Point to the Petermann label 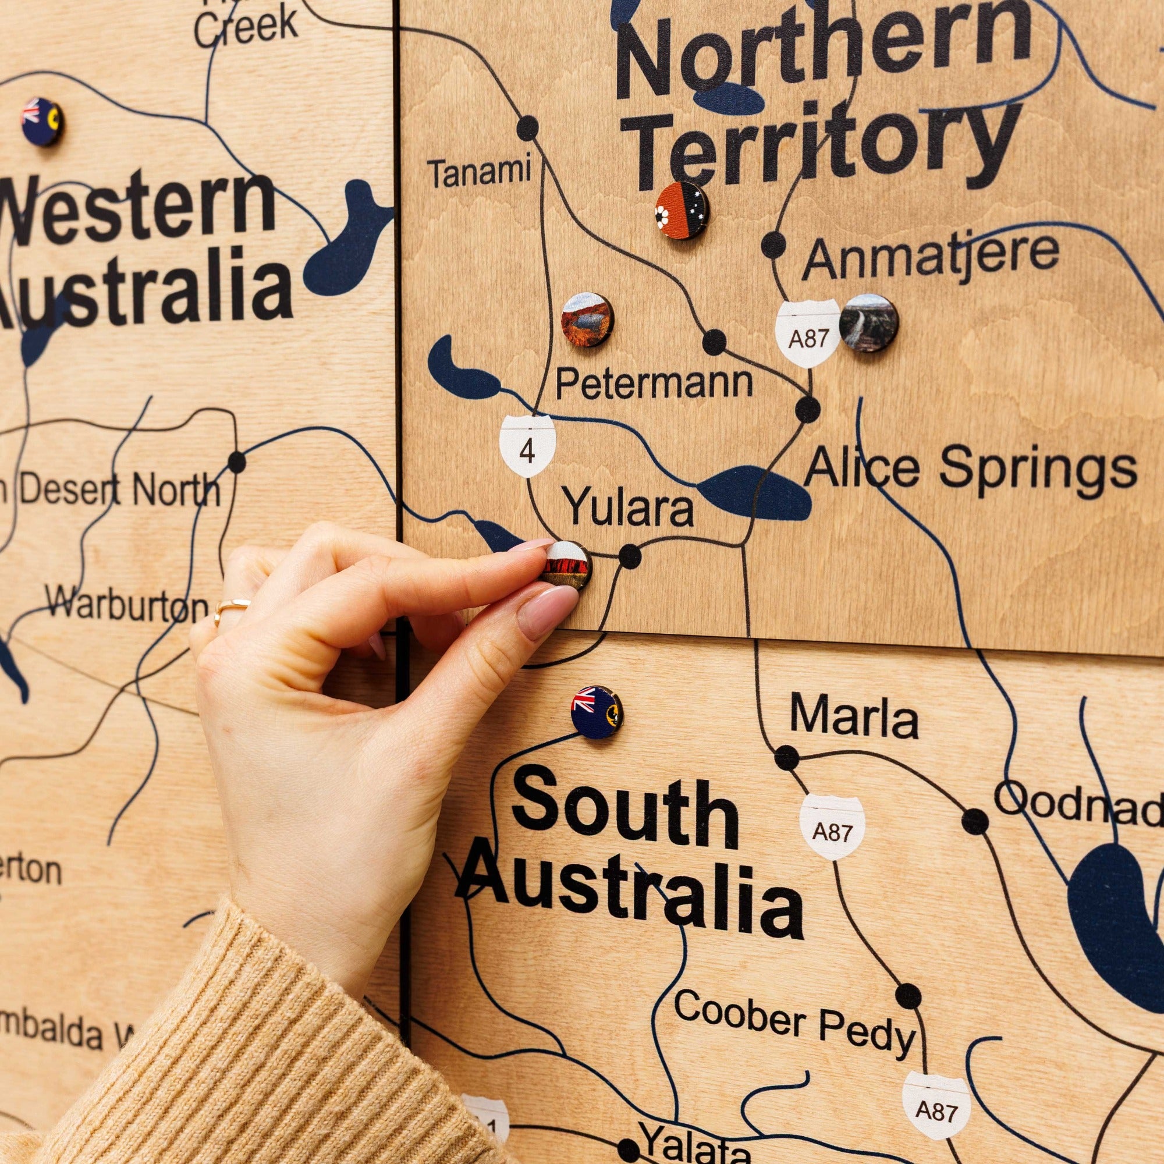[x=654, y=382]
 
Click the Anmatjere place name [x=930, y=257]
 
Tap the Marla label [x=854, y=717]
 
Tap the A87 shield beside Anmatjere [x=808, y=333]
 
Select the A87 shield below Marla [x=833, y=826]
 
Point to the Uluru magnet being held [x=567, y=566]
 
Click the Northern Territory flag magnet [x=682, y=210]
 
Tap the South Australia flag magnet [x=597, y=712]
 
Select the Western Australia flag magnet [x=42, y=122]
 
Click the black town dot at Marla [x=786, y=757]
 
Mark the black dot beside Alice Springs [x=807, y=410]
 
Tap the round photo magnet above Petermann [x=587, y=320]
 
